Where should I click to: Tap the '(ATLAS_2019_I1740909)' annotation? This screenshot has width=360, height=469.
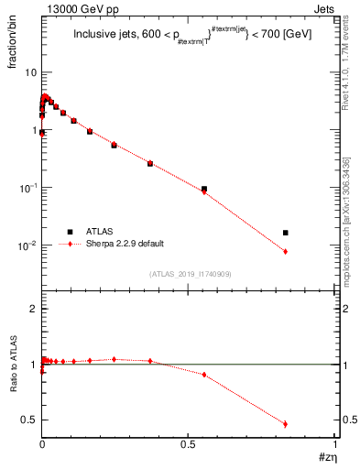189,274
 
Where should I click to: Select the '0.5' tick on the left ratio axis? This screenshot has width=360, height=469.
29,420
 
